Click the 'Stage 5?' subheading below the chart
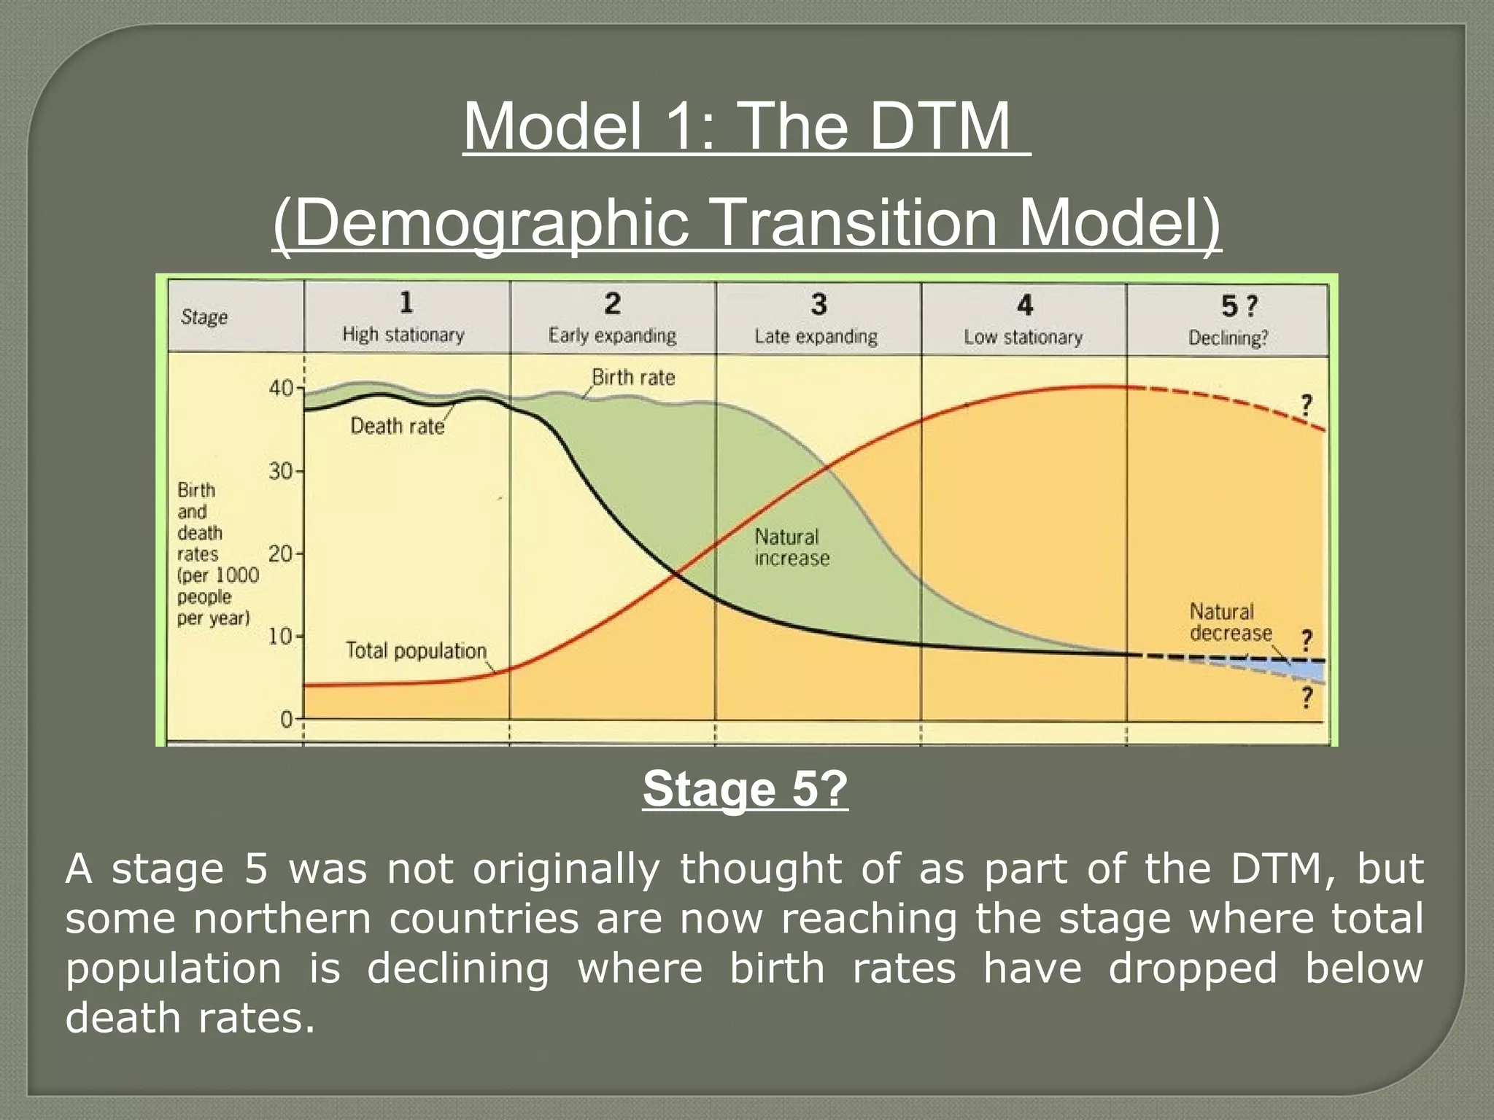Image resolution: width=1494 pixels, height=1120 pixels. pos(745,790)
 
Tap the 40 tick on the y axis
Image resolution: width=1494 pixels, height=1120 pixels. pos(281,388)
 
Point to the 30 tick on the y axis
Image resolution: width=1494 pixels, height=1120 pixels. pos(281,471)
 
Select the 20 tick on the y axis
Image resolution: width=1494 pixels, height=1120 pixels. pos(281,554)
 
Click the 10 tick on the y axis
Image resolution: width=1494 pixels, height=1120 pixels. pos(281,637)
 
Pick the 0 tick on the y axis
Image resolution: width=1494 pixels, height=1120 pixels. pos(287,720)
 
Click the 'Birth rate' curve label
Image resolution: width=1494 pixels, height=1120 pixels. pos(632,378)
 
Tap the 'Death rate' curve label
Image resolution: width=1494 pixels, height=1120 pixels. pos(397,426)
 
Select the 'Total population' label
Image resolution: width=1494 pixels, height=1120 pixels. pos(416,650)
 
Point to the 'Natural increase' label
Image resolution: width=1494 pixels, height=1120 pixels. pos(791,548)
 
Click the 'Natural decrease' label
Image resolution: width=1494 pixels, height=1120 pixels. pos(1230,622)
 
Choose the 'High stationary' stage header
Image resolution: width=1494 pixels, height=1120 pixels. pos(403,335)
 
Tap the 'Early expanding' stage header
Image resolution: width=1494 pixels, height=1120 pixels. pos(612,335)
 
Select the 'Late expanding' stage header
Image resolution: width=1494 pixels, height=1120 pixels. pos(816,336)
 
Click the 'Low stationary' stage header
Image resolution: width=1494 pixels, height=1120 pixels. pos(1023,337)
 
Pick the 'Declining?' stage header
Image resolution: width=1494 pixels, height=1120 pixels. pos(1228,338)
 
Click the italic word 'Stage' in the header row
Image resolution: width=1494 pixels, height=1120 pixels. pos(204,317)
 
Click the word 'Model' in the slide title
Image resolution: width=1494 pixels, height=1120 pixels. pos(553,127)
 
